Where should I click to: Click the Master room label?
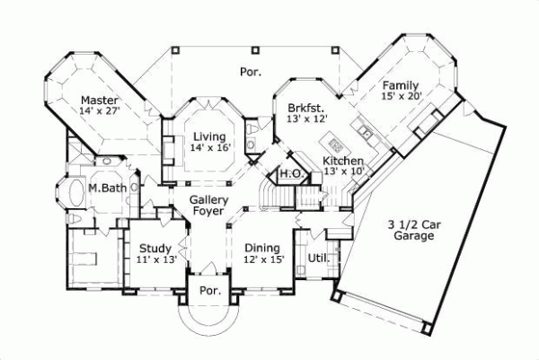point(100,99)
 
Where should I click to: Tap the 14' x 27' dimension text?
point(100,110)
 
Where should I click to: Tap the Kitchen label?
point(343,160)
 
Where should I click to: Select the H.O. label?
point(289,173)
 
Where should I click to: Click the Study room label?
point(155,248)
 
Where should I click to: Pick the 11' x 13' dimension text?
point(155,259)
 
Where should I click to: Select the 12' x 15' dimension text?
point(263,259)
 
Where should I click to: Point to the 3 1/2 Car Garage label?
point(413,230)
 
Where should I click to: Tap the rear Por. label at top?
point(249,70)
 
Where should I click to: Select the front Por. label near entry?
point(208,291)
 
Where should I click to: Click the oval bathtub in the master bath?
point(68,192)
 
